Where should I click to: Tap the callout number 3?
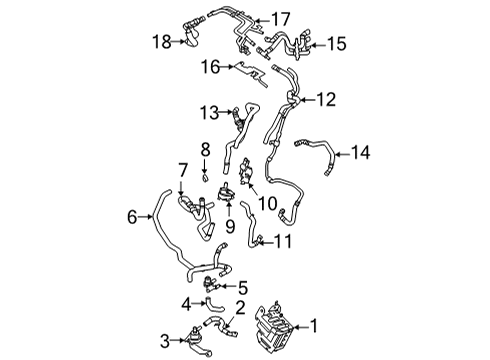[164, 340]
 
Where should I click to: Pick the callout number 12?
[327, 99]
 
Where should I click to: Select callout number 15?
[336, 44]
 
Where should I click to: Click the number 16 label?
[210, 68]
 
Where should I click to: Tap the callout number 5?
[241, 288]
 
